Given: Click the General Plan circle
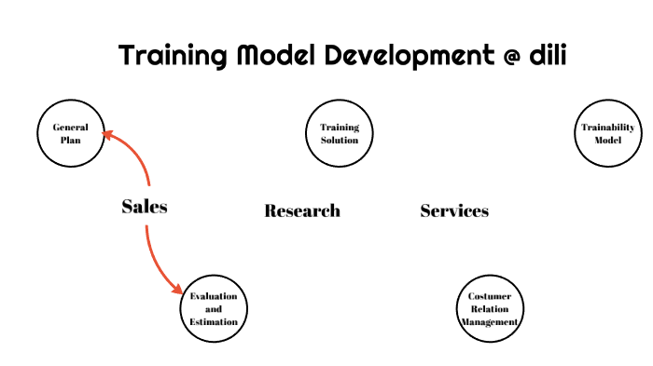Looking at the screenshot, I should click(x=70, y=133).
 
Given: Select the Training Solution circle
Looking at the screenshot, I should click(x=340, y=133).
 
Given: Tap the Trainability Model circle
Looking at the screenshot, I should click(x=607, y=133).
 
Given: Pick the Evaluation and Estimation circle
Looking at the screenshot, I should click(x=214, y=308).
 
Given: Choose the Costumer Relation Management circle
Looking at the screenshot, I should click(x=489, y=308).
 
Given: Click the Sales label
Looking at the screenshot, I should click(x=145, y=207).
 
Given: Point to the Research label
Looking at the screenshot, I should click(x=302, y=211).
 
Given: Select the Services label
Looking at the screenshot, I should click(x=454, y=211).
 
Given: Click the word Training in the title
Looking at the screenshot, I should click(x=172, y=56).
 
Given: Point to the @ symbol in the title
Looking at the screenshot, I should click(x=505, y=56).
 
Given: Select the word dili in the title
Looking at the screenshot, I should click(x=547, y=55).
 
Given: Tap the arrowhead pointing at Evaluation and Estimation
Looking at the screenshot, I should click(x=176, y=289).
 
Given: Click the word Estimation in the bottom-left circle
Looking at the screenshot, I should click(x=214, y=321).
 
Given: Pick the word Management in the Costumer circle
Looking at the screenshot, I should click(x=489, y=321).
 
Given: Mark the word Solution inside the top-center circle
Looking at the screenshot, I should click(x=340, y=140).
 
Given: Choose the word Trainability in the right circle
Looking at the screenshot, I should click(x=607, y=128).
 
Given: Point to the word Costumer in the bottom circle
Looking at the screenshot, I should click(x=490, y=296).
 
